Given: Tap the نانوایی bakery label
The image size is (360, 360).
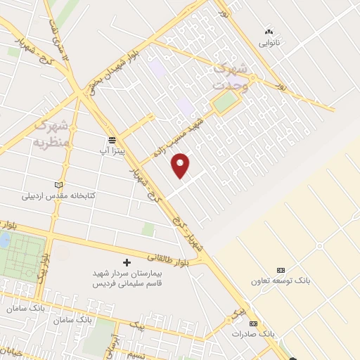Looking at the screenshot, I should coord(269,42).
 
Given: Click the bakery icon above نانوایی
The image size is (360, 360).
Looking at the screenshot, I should coord(268,32).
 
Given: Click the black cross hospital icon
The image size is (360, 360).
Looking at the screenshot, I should coord(127,262).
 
